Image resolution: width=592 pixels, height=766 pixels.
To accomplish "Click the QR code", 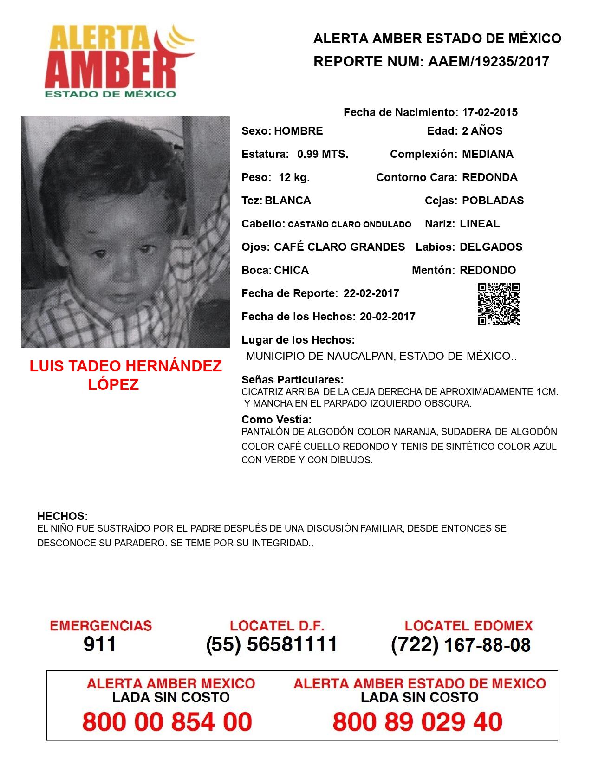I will tap(499, 304).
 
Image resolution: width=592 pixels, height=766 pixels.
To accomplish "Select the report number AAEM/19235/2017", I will tap(488, 61).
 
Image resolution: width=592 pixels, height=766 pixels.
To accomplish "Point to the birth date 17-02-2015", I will tap(490, 112).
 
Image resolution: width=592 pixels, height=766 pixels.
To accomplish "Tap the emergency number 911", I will tap(99, 644).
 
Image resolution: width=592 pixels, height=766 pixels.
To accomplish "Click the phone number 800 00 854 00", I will tap(167, 722).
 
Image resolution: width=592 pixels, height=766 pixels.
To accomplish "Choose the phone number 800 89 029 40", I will tap(417, 722).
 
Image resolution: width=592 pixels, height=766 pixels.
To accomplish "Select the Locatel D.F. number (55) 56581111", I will tap(272, 644).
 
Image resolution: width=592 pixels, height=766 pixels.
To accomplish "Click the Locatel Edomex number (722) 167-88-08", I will tap(461, 645).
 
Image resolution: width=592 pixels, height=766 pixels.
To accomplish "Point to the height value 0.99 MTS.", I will tap(323, 154).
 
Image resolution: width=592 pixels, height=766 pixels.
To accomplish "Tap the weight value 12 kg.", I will tap(294, 177).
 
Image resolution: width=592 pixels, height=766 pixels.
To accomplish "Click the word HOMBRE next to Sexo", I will tap(298, 131).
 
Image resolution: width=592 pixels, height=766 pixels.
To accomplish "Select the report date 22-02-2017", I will tap(371, 293).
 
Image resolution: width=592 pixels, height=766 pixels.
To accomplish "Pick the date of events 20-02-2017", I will tap(388, 317).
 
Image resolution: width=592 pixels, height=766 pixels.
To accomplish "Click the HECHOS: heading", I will tap(62, 516).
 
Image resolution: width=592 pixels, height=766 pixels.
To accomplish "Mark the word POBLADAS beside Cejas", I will tap(493, 201).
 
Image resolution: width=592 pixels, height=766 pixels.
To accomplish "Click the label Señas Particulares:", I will tap(293, 380).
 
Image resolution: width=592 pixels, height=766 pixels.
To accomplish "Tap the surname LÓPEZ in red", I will tap(114, 384).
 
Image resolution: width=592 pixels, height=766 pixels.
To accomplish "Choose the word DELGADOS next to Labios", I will tap(491, 247).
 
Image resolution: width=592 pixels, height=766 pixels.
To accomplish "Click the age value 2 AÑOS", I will tap(482, 131).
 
